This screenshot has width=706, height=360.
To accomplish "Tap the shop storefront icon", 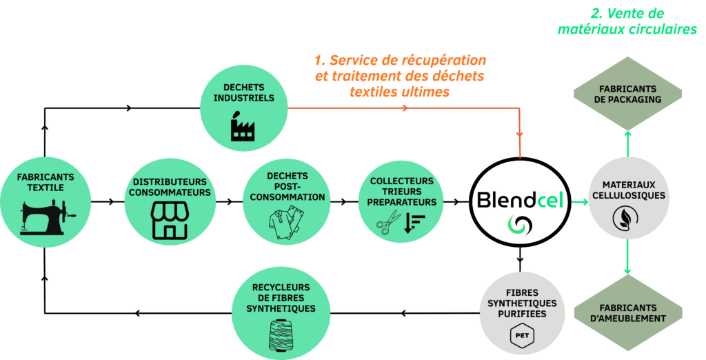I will pyautogui.click(x=170, y=221).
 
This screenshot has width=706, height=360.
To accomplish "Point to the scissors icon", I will pyautogui.click(x=388, y=222).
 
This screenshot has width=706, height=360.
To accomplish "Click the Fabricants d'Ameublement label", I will pyautogui.click(x=628, y=313).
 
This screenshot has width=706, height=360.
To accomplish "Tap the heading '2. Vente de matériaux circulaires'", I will pyautogui.click(x=627, y=21).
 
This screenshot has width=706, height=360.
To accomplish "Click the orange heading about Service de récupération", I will pyautogui.click(x=401, y=75).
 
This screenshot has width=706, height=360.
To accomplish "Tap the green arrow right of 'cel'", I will pyautogui.click(x=578, y=202).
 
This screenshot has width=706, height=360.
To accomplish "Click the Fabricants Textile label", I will pyautogui.click(x=46, y=182).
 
